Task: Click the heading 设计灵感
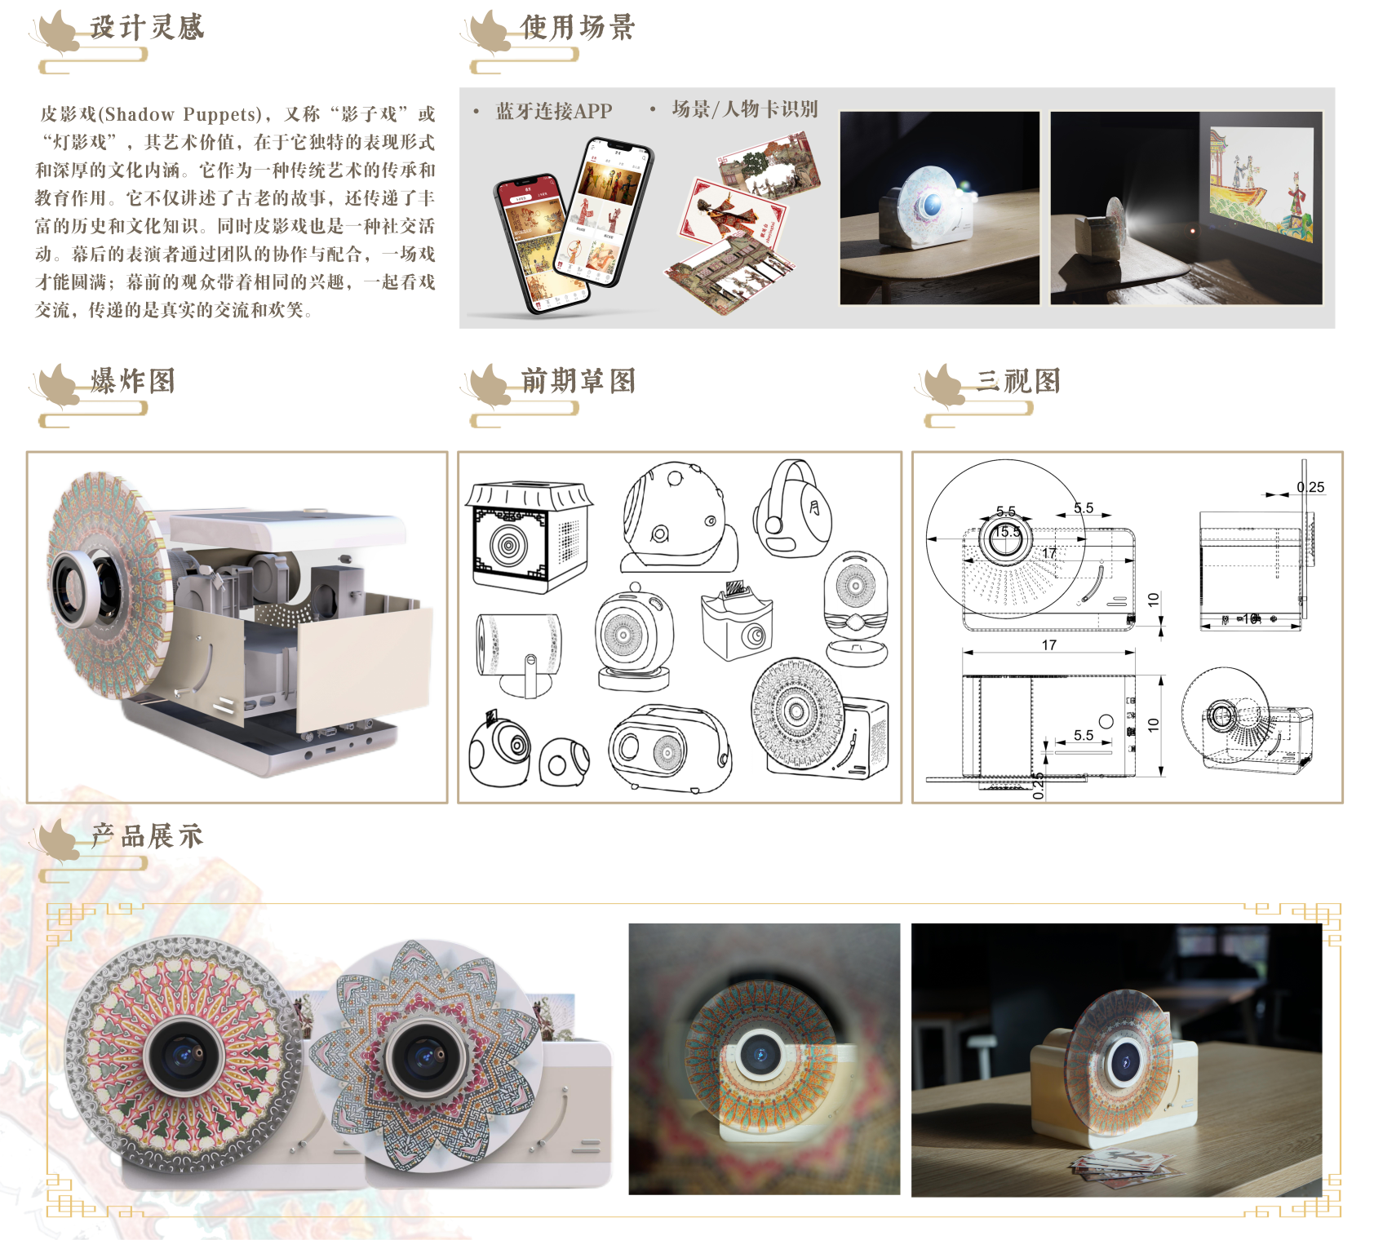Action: coord(146,28)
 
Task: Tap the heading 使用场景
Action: coord(577,28)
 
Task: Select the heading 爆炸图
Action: coord(133,381)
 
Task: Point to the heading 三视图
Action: coord(1018,381)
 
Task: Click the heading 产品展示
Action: coord(147,836)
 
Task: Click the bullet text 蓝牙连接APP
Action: coord(553,111)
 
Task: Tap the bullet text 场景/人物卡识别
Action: coord(744,109)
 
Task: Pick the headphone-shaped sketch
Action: coord(791,509)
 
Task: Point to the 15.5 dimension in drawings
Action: coord(1007,532)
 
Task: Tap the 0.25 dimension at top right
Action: coord(1310,487)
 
